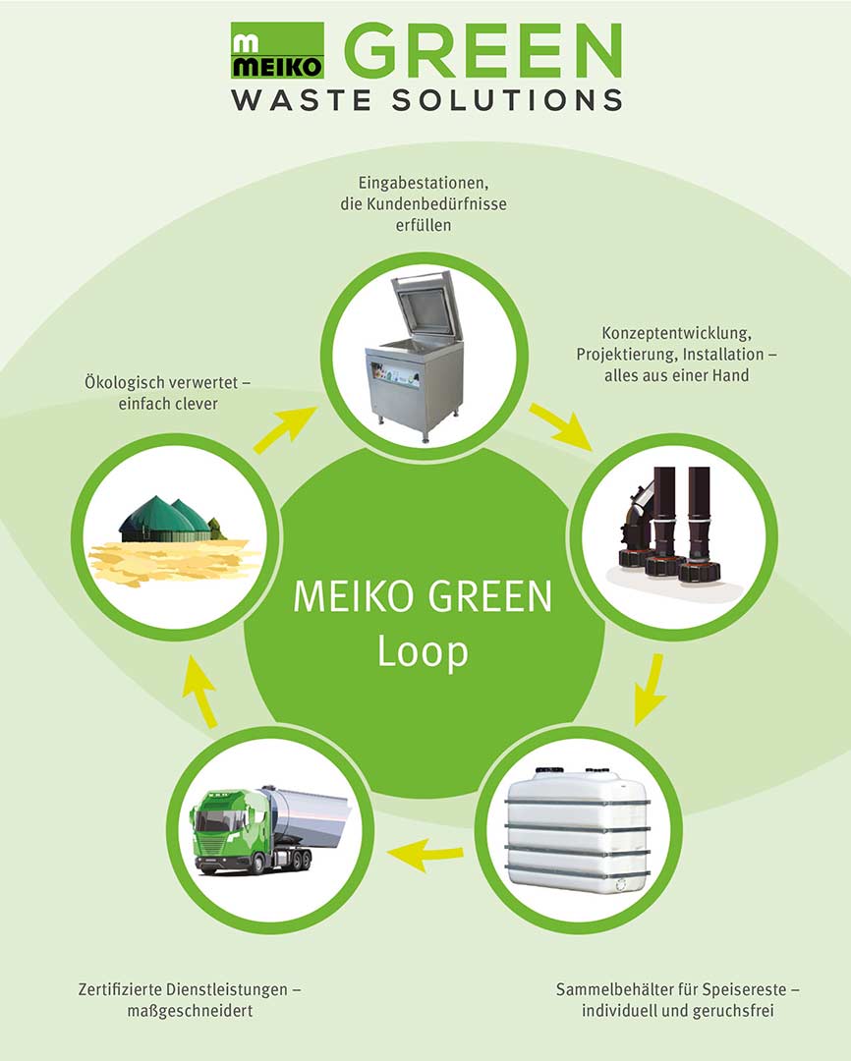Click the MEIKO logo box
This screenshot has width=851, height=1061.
pyautogui.click(x=277, y=51)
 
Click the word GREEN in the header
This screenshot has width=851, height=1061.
pyautogui.click(x=482, y=51)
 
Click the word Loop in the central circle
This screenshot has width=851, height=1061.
pyautogui.click(x=423, y=651)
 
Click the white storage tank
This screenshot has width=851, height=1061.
pyautogui.click(x=577, y=831)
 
